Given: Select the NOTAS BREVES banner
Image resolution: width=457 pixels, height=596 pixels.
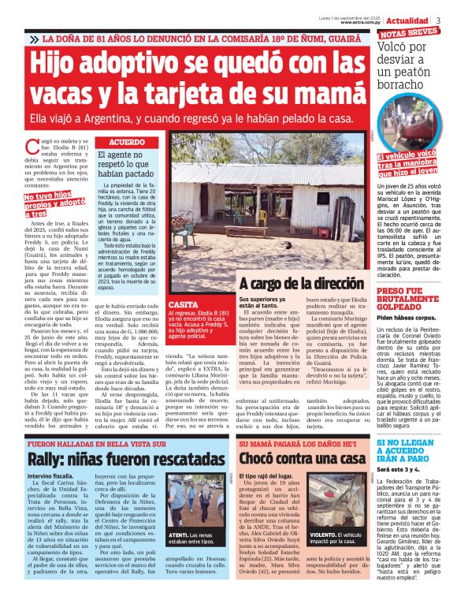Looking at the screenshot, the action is (411, 35).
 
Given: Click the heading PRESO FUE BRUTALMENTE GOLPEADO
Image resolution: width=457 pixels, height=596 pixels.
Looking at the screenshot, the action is (414, 301).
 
